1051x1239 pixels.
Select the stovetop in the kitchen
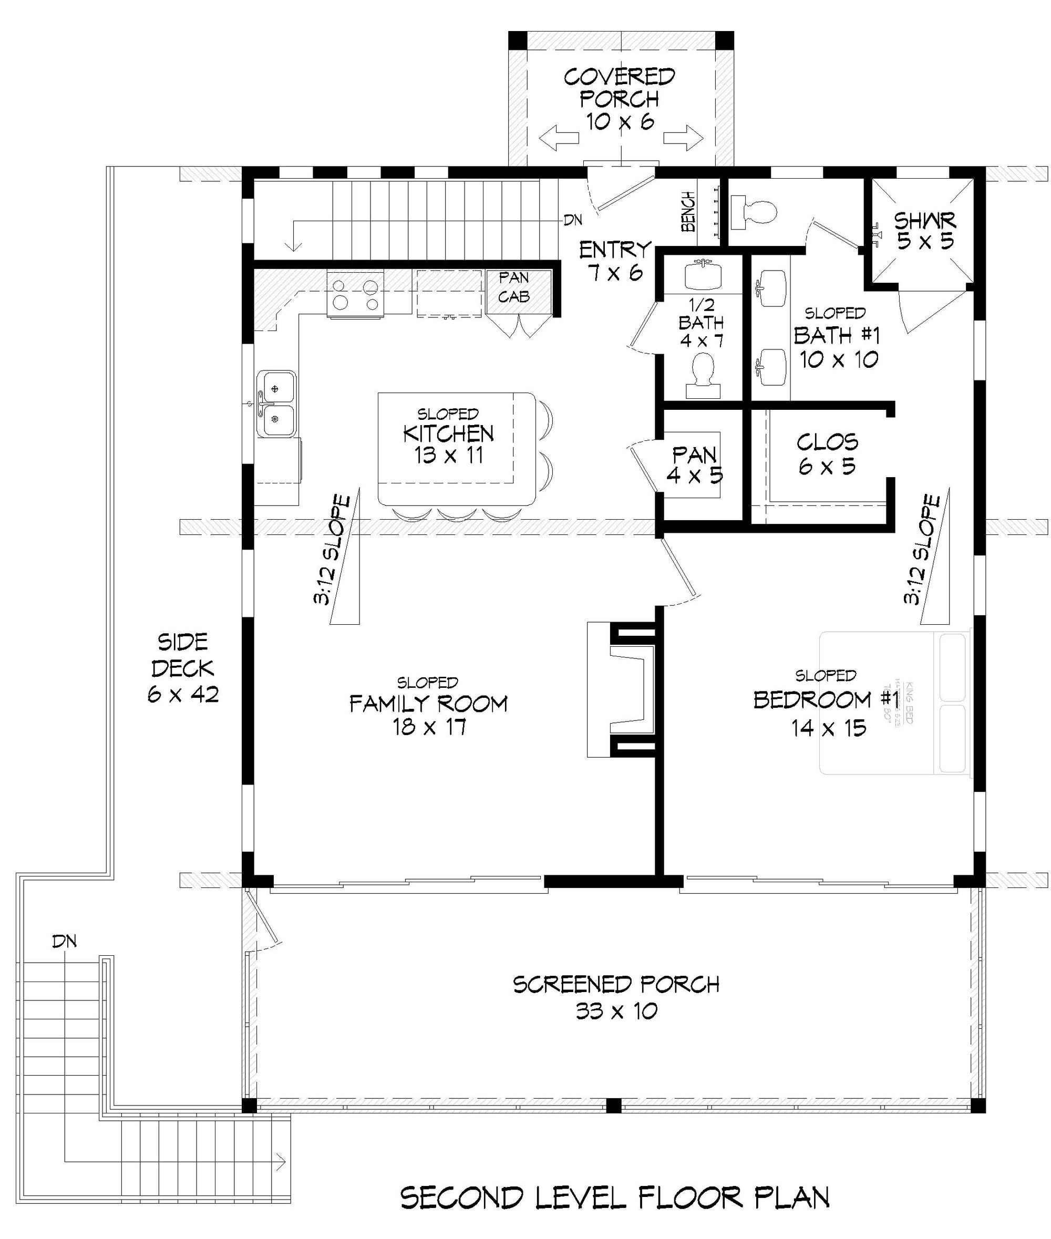(x=356, y=294)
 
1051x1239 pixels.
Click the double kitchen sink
(x=276, y=404)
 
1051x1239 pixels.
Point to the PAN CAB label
(x=514, y=287)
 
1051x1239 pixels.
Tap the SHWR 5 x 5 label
(x=924, y=231)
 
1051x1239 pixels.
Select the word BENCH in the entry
(x=688, y=211)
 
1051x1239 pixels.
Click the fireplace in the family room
(x=623, y=690)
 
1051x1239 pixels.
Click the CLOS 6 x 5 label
(x=827, y=454)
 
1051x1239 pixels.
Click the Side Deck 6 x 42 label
(x=183, y=668)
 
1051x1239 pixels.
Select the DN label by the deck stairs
(x=64, y=941)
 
